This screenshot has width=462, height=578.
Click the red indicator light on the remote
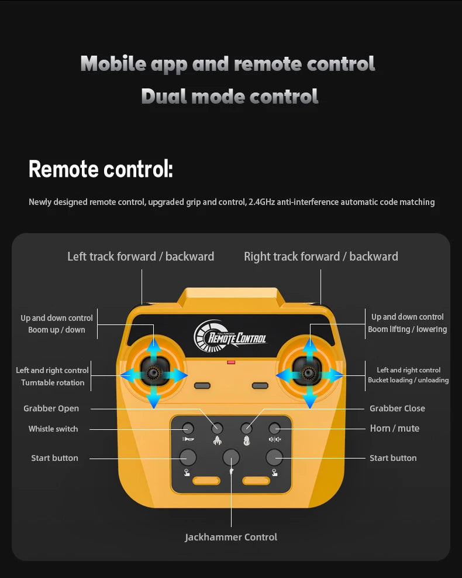coord(231,362)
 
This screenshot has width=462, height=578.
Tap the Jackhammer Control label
coord(231,537)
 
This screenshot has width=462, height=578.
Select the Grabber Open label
coord(51,408)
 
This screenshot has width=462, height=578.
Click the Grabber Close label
coord(397,408)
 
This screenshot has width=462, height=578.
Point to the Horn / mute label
coord(395,428)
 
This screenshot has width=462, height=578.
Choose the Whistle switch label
coord(53,429)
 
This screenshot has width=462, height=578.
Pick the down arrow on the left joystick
coord(154,399)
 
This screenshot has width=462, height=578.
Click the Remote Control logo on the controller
coord(230,336)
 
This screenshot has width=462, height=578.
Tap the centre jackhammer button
coord(231,458)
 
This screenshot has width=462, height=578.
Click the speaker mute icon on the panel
coord(275,439)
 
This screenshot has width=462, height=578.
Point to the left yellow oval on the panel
coord(206,481)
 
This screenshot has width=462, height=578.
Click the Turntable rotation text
coord(53,382)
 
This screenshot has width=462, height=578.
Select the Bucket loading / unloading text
coord(408,380)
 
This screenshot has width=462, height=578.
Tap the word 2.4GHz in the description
coord(262,202)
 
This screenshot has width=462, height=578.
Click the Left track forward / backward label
coord(140,256)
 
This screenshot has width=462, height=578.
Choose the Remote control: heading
coord(101,169)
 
